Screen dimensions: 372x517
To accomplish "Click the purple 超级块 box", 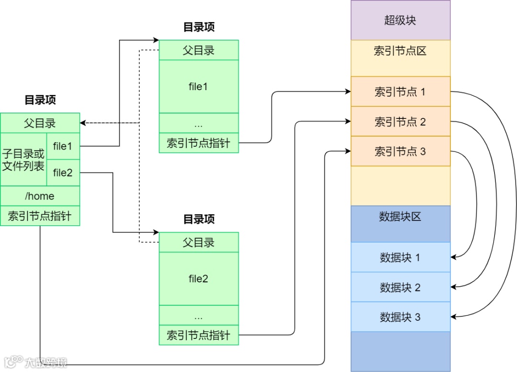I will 400,20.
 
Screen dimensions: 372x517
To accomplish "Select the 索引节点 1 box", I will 400,92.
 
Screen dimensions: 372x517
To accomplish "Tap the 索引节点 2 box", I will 400,122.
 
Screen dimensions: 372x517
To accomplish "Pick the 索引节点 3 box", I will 400,151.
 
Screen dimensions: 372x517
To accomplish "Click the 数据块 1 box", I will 400,257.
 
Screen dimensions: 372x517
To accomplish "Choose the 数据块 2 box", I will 400,287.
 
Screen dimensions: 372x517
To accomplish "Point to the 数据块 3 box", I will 400,317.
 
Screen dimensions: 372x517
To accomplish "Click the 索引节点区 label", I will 400,51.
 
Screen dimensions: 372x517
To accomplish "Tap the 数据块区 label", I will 400,217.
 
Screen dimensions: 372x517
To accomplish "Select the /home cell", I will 40,196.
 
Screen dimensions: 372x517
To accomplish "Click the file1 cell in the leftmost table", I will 63,146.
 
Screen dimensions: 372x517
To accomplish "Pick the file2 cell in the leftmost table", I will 63,173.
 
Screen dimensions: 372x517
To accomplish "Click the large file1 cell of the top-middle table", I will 198,87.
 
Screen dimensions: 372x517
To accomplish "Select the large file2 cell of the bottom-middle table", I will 198,279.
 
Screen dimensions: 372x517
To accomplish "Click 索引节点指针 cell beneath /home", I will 40,216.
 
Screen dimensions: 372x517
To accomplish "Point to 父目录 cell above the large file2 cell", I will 198,243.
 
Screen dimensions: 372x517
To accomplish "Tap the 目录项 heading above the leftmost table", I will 40,100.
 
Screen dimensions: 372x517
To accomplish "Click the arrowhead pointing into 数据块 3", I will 454,317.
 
